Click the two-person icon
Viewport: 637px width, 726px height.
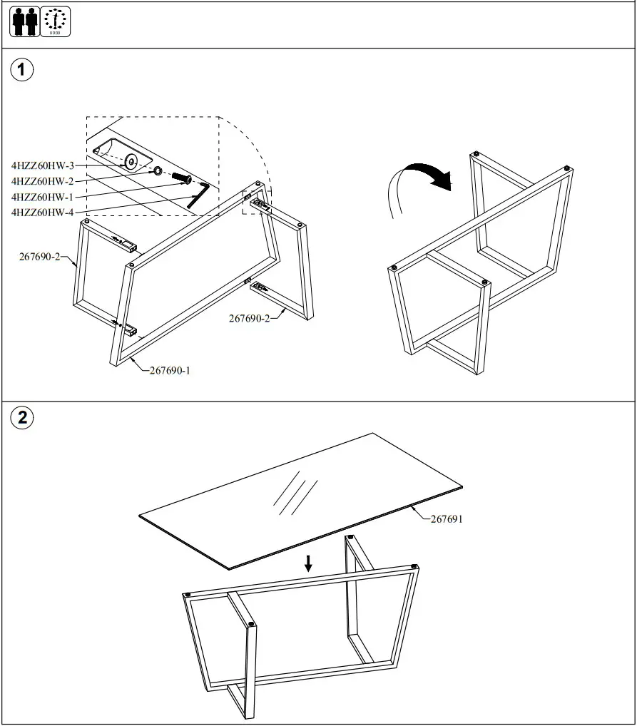coord(24,21)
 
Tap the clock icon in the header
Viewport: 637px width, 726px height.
coord(55,21)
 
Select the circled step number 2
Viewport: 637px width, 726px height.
coord(23,418)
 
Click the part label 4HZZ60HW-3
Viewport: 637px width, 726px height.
coord(43,165)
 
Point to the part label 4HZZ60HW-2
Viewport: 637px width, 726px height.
coord(43,181)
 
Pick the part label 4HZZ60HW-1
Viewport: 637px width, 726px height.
coord(43,197)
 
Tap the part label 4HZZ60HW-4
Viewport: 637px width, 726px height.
coord(43,212)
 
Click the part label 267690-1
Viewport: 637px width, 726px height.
coord(170,370)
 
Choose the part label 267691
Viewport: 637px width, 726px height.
coord(447,519)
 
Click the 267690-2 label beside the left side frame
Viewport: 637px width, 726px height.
coord(39,257)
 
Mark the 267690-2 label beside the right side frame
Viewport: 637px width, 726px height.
coord(249,318)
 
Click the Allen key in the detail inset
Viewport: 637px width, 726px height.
coord(198,195)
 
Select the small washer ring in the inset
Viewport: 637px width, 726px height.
coord(157,171)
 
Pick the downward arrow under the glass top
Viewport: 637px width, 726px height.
coord(308,563)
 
